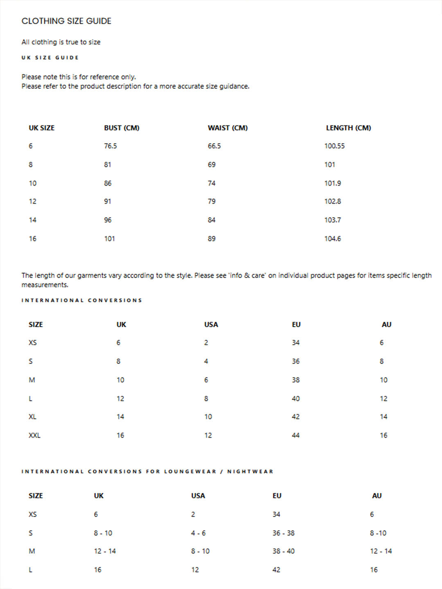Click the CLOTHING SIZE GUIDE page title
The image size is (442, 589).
pyautogui.click(x=66, y=21)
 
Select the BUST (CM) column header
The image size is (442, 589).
pyautogui.click(x=122, y=128)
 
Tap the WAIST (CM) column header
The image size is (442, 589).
pyautogui.click(x=228, y=128)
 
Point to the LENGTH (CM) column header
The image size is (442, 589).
pyautogui.click(x=348, y=128)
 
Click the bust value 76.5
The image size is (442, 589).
pyautogui.click(x=110, y=146)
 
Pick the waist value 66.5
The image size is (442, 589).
pyautogui.click(x=214, y=146)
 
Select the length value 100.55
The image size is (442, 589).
pyautogui.click(x=334, y=146)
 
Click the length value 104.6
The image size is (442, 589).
pyautogui.click(x=332, y=238)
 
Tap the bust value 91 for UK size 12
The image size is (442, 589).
pyautogui.click(x=108, y=201)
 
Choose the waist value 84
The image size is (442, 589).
pyautogui.click(x=212, y=220)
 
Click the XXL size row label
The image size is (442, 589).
pyautogui.click(x=34, y=435)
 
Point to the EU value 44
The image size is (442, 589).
pyautogui.click(x=295, y=435)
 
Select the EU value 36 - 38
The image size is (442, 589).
pyautogui.click(x=283, y=533)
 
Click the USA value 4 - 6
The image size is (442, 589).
pyautogui.click(x=198, y=533)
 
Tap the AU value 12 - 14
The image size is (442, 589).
pyautogui.click(x=381, y=551)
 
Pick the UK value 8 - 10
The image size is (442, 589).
pyautogui.click(x=103, y=533)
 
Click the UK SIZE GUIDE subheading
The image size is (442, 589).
pyautogui.click(x=50, y=58)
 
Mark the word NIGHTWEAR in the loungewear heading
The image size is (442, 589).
pyautogui.click(x=250, y=472)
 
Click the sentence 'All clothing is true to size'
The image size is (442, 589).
pyautogui.click(x=61, y=42)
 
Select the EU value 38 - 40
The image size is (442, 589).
pyautogui.click(x=283, y=551)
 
